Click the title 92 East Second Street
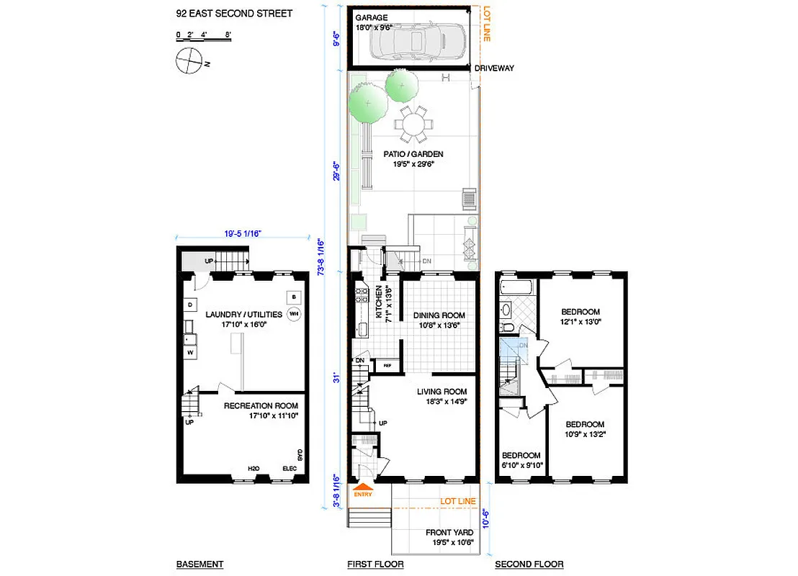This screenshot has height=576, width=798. coord(234,14)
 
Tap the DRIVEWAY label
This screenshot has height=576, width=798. coord(496,68)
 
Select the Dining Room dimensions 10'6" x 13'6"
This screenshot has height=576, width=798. coord(438,325)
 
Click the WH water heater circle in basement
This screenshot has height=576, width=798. coord(294,314)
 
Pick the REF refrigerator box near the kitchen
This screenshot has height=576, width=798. coord(387,366)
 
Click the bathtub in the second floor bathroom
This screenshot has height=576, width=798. coord(516,289)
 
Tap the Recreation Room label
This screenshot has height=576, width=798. coord(260,405)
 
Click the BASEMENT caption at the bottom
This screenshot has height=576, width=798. coord(199,564)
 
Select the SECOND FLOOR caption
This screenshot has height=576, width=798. coord(529,564)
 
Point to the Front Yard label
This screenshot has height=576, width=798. coord(449,534)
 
